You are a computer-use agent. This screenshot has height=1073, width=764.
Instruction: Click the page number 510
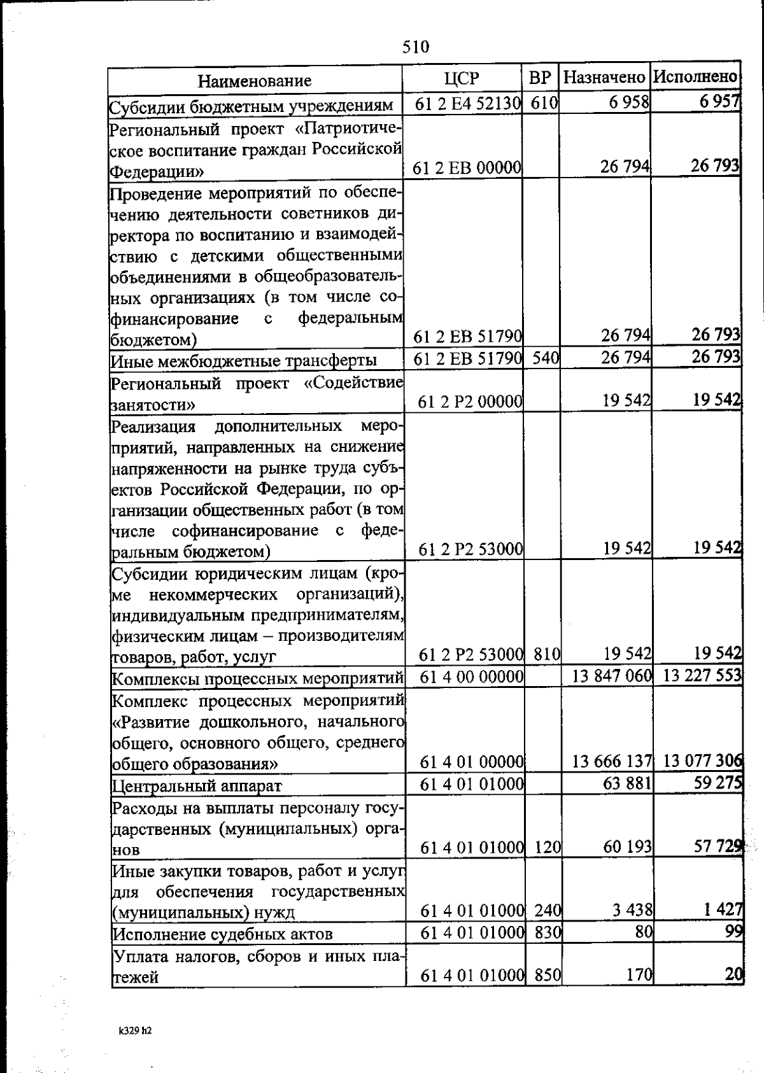416,46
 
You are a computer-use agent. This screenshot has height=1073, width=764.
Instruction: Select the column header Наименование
254,81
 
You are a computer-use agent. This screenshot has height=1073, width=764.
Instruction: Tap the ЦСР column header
462,78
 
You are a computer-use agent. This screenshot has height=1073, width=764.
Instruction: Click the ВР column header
540,78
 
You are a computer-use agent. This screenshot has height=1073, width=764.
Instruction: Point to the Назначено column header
604,78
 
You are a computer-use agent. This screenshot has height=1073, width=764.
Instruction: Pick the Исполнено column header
695,77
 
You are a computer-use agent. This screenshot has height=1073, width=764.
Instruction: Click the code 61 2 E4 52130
468,103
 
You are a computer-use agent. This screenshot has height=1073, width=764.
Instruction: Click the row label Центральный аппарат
197,786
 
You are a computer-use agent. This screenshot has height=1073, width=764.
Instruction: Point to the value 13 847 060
612,675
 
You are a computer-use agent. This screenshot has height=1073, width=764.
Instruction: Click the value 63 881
627,783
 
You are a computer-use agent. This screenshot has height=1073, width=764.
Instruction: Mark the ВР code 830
547,932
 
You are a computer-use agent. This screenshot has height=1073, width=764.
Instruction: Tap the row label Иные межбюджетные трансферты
244,361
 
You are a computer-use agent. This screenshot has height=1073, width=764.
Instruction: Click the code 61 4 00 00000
472,676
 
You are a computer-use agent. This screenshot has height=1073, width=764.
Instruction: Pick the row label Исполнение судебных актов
222,934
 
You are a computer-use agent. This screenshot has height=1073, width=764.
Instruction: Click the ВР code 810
547,654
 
